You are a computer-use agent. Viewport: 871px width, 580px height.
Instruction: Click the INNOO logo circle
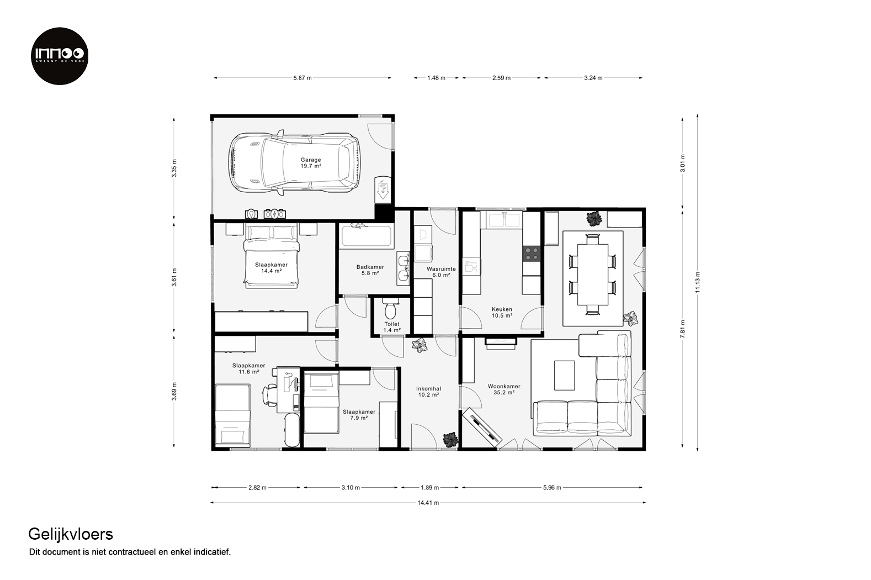(60, 56)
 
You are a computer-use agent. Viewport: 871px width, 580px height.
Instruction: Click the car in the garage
(294, 163)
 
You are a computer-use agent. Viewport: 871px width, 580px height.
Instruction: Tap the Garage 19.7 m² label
(311, 163)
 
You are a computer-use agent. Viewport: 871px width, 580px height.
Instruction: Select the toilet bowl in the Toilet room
(390, 308)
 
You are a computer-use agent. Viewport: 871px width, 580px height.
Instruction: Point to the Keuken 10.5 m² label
(502, 313)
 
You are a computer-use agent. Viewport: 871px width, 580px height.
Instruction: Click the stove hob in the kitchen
(532, 254)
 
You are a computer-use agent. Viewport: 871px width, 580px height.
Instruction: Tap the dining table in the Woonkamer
(593, 275)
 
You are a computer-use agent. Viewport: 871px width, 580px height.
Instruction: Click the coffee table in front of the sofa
(565, 375)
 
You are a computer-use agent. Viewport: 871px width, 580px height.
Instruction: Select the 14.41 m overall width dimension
(428, 503)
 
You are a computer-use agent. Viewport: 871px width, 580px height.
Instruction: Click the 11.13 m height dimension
(698, 283)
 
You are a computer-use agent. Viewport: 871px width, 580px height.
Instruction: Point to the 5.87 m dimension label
(302, 78)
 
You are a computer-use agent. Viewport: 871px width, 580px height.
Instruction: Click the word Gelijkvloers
(71, 535)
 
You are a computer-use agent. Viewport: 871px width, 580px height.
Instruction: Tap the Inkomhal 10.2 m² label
(428, 392)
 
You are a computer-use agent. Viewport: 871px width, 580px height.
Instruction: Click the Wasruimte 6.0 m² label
(441, 272)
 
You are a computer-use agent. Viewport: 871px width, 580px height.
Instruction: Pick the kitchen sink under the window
(504, 220)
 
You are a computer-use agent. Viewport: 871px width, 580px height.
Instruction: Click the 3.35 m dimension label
(174, 168)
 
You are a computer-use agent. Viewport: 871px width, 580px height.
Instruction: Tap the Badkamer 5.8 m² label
(370, 270)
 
